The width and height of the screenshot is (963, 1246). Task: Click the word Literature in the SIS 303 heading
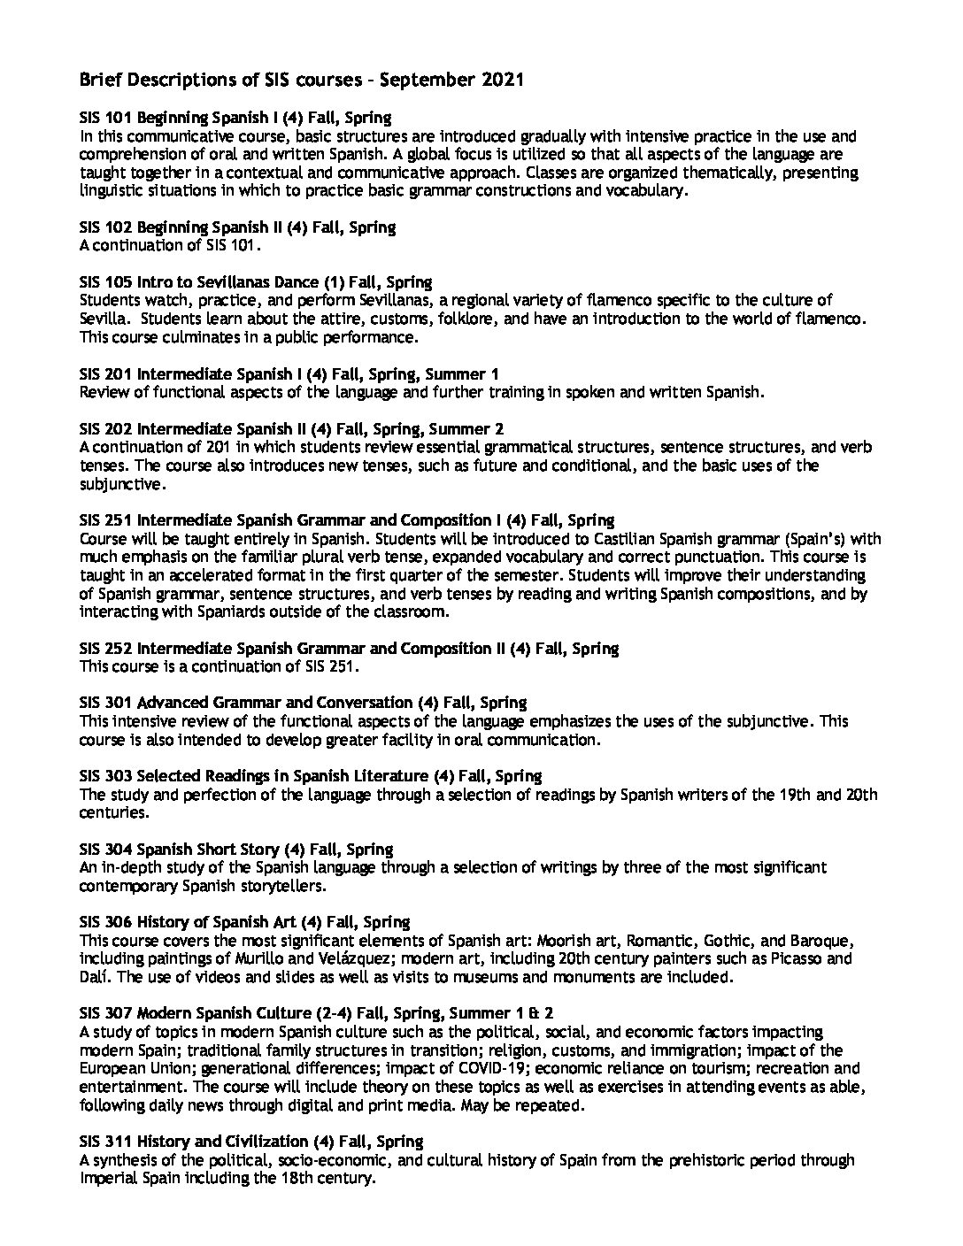coord(392,776)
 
